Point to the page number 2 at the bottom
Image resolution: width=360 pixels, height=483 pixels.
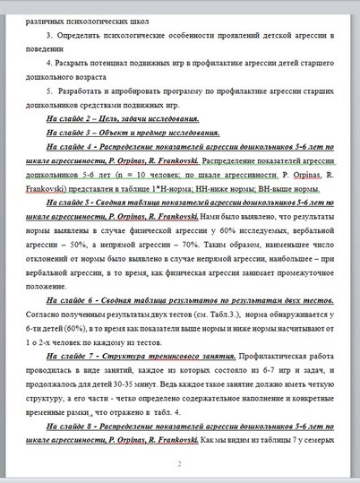click(x=179, y=463)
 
